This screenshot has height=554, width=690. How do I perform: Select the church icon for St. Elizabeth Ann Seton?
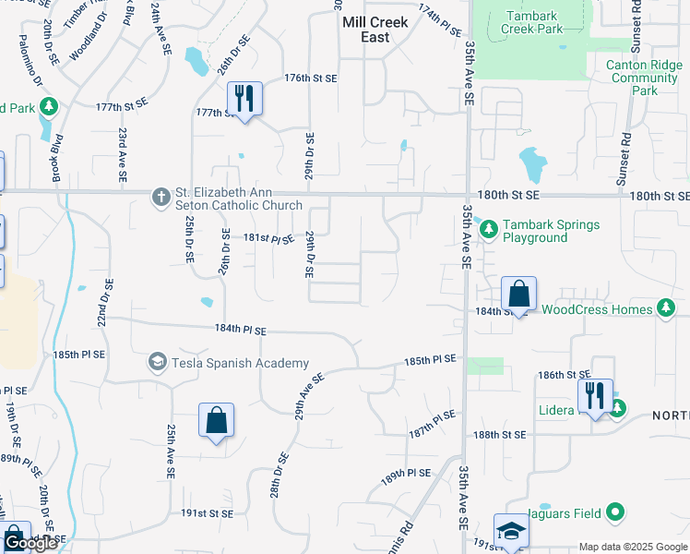pos(161,196)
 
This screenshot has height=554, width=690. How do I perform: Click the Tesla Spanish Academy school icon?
pos(157,362)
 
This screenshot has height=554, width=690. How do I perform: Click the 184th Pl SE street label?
pos(241,330)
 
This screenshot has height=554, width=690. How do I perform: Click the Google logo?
pos(30,543)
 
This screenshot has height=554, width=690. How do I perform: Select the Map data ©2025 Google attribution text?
pos(633,547)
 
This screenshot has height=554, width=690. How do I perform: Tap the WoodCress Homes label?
pos(597,309)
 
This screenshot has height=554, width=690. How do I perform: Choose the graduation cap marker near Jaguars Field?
pos(510,530)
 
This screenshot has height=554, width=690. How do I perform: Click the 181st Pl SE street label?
pos(268,238)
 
